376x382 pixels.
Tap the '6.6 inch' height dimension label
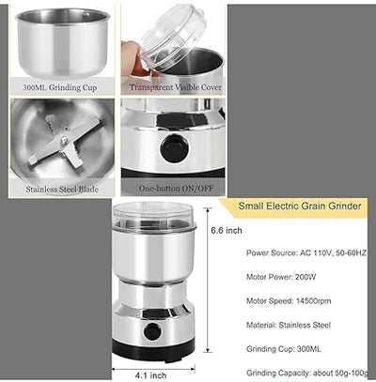point(227,230)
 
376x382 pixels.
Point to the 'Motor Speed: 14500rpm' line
point(291,302)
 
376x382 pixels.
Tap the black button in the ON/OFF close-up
point(171,147)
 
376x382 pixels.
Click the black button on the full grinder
point(151,330)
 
